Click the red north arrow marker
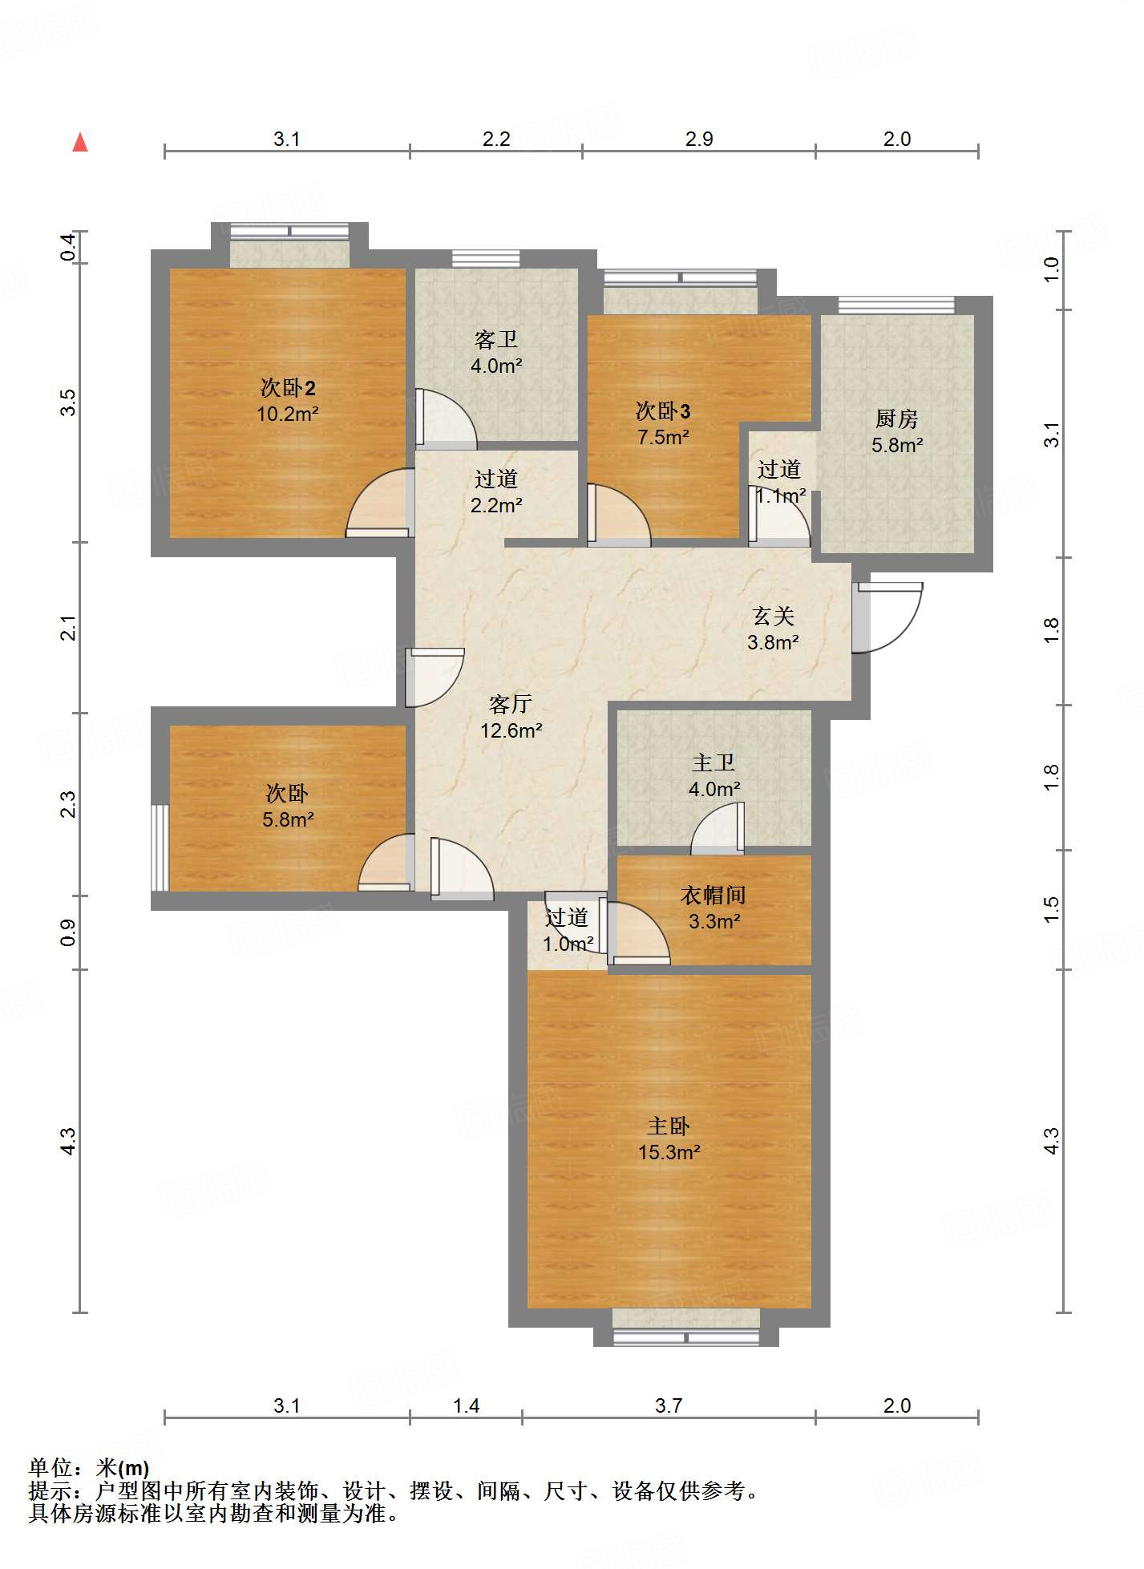point(80,143)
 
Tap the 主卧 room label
point(669,1126)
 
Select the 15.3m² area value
point(669,1153)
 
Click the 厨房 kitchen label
point(896,419)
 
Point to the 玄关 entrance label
point(774,616)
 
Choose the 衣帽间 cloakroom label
point(713,895)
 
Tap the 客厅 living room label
point(511,704)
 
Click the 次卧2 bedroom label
point(288,388)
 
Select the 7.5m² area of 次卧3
point(663,438)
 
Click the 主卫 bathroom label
point(713,762)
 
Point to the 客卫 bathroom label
point(496,340)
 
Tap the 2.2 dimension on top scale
point(496,139)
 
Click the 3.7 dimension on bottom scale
point(669,1405)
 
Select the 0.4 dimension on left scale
point(69,246)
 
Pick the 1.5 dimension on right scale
point(1052,909)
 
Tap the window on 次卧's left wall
point(160,847)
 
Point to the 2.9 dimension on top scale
point(699,139)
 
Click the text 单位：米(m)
point(89,1468)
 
